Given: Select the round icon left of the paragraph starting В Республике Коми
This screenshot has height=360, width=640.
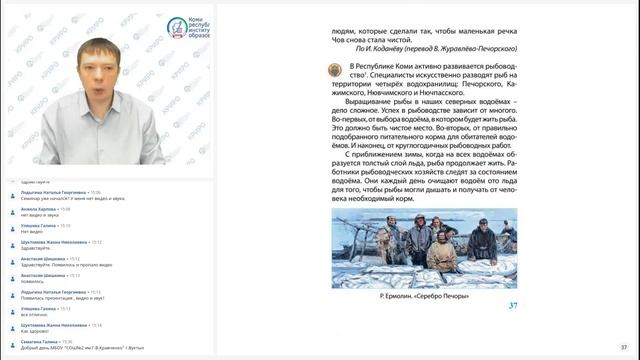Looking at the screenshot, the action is point(333,69).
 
